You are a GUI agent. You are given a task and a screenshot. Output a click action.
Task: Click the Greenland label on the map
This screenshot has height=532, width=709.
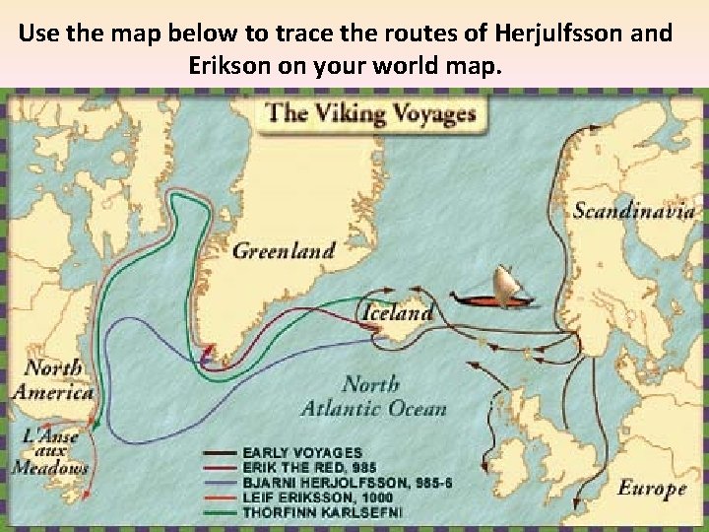pyautogui.click(x=284, y=250)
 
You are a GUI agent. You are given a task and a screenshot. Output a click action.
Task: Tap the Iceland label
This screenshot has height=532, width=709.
pyautogui.click(x=399, y=314)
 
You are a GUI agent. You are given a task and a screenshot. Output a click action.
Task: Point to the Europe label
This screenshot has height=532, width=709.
pyautogui.click(x=651, y=488)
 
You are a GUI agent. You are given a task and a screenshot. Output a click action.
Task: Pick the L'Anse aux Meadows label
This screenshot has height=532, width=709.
pyautogui.click(x=48, y=451)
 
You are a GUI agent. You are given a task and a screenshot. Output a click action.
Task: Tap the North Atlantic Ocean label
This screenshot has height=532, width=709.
pyautogui.click(x=387, y=396)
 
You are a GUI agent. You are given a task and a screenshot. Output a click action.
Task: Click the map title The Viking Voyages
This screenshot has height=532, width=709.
pyautogui.click(x=371, y=112)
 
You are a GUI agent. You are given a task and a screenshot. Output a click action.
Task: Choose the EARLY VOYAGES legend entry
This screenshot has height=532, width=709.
pyautogui.click(x=302, y=451)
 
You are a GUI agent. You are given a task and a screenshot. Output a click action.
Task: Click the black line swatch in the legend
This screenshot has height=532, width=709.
pyautogui.click(x=220, y=452)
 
